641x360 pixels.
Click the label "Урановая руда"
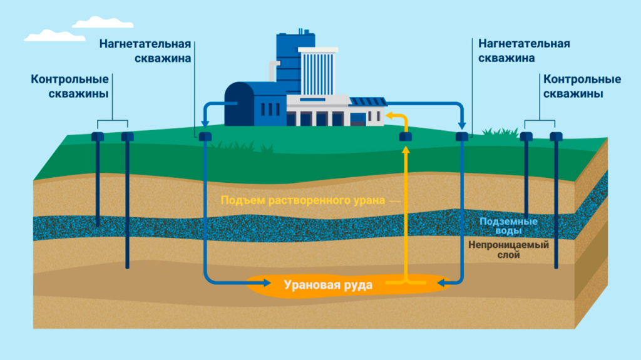pos(328,285)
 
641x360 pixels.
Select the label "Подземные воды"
pos(508,226)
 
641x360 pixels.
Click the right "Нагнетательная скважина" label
pos(523,51)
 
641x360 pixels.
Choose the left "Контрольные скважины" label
pos(69,86)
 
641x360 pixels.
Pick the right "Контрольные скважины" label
pos(582,86)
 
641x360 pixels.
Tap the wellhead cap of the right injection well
pos(462,136)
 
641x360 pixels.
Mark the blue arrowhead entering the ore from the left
pos(240,284)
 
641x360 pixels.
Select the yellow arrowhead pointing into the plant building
pos(388,115)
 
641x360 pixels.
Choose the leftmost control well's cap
pos(97,136)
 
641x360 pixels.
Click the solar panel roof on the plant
pos(367,101)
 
